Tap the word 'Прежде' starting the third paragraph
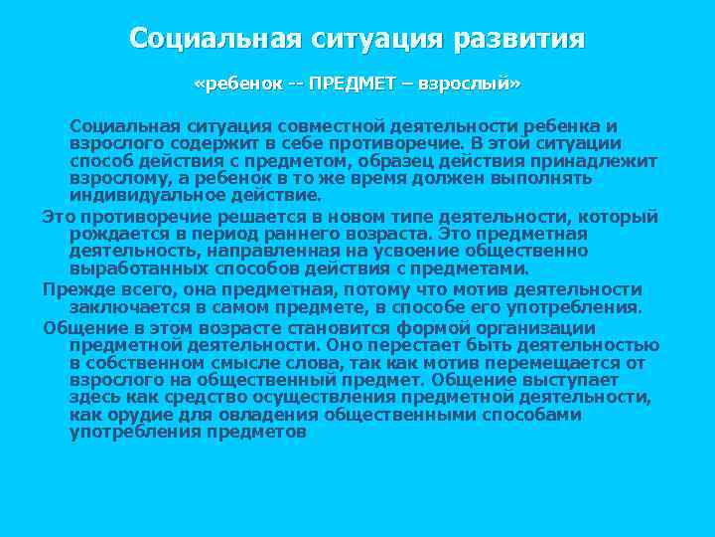click(x=71, y=289)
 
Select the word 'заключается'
click(x=122, y=307)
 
